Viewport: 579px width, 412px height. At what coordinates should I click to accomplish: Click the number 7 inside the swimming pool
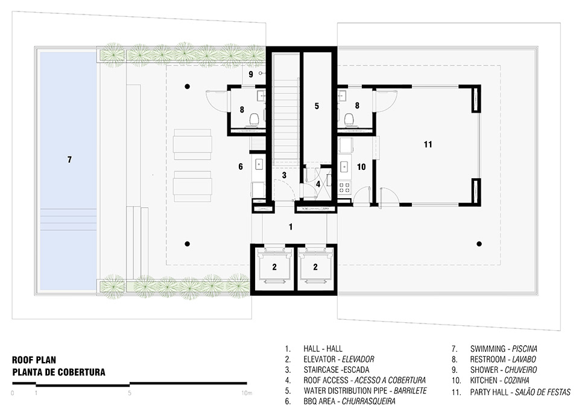[x=69, y=160]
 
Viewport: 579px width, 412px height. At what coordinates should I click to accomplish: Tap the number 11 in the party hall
[x=428, y=145]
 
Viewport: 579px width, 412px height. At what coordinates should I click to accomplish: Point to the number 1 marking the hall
[x=290, y=227]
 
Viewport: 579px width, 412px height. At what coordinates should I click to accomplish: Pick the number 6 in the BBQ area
[x=240, y=166]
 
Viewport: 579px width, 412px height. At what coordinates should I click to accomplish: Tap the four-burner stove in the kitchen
[x=346, y=188]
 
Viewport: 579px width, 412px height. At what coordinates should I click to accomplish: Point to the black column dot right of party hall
[x=479, y=244]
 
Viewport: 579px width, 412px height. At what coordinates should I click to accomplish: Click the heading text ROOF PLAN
[x=34, y=360]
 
